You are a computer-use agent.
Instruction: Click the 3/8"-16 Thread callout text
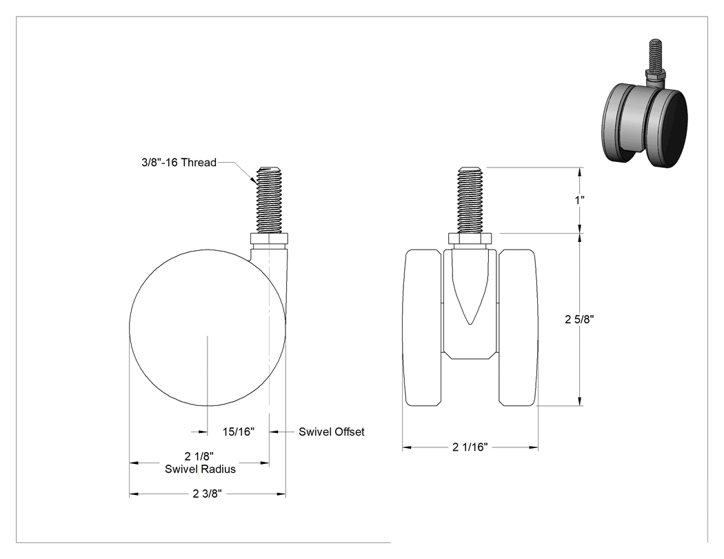pos(179,163)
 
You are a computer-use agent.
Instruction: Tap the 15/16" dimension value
pos(239,431)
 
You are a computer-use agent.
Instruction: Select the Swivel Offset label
pos(332,431)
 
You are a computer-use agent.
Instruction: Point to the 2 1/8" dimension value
pos(199,456)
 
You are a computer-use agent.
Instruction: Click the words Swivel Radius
pos(201,469)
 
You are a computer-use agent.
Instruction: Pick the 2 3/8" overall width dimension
pos(208,494)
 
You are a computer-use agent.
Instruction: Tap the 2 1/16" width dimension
pos(470,447)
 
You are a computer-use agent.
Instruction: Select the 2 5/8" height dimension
pos(579,319)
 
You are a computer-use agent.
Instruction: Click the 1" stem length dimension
pos(579,200)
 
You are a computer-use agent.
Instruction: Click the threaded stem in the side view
pos(270,200)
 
